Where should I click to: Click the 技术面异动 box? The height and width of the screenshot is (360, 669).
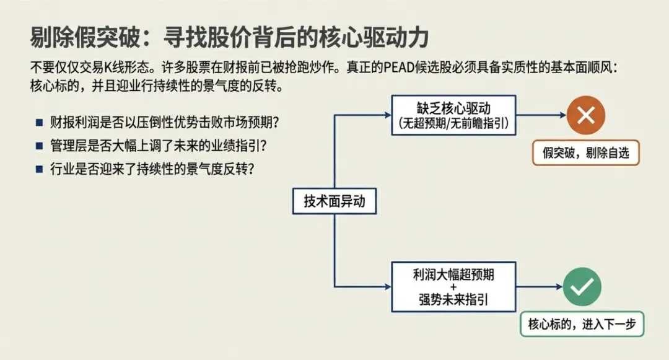pyautogui.click(x=334, y=201)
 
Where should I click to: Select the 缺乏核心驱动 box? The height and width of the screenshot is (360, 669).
pyautogui.click(x=454, y=115)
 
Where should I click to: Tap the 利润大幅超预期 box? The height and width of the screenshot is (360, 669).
pyautogui.click(x=454, y=286)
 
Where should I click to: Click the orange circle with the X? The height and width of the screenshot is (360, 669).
pyautogui.click(x=585, y=115)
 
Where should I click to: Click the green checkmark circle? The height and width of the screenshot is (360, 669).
pyautogui.click(x=582, y=286)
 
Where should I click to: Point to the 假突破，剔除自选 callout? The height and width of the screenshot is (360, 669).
pyautogui.click(x=585, y=152)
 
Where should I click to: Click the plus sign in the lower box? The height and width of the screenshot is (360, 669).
pyautogui.click(x=453, y=287)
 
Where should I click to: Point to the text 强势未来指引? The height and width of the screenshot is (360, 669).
pyautogui.click(x=453, y=301)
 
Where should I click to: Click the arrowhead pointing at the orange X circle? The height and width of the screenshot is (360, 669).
pyautogui.click(x=561, y=115)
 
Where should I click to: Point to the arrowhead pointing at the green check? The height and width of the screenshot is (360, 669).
pyautogui.click(x=558, y=286)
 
